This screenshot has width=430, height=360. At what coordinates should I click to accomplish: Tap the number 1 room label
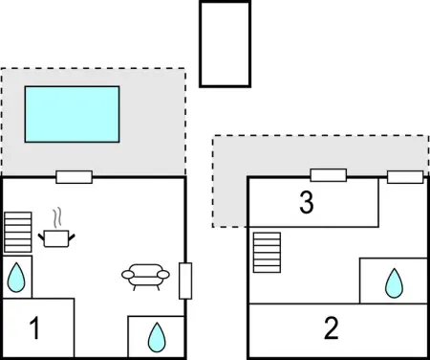pyautogui.click(x=34, y=330)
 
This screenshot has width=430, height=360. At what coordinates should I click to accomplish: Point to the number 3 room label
pyautogui.click(x=306, y=203)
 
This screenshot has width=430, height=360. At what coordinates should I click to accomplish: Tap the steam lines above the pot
pyautogui.click(x=57, y=215)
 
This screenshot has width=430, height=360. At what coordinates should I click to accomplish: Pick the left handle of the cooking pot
pyautogui.click(x=42, y=233)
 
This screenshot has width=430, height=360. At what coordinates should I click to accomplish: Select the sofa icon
pyautogui.click(x=144, y=277)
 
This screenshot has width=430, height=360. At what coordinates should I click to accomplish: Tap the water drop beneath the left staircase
pyautogui.click(x=16, y=278)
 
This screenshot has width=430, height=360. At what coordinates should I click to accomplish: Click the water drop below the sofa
pyautogui.click(x=156, y=336)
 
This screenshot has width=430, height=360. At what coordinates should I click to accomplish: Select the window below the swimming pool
pyautogui.click(x=74, y=176)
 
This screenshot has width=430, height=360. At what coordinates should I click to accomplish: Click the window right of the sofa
pyautogui.click(x=185, y=281)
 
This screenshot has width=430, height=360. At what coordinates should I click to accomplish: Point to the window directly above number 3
pyautogui.click(x=328, y=175)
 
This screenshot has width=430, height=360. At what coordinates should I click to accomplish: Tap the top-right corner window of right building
pyautogui.click(x=404, y=176)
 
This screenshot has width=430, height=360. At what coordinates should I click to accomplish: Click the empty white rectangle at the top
pyautogui.click(x=225, y=44)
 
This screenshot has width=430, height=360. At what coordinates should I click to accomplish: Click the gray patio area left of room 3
pyautogui.click(x=229, y=191)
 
